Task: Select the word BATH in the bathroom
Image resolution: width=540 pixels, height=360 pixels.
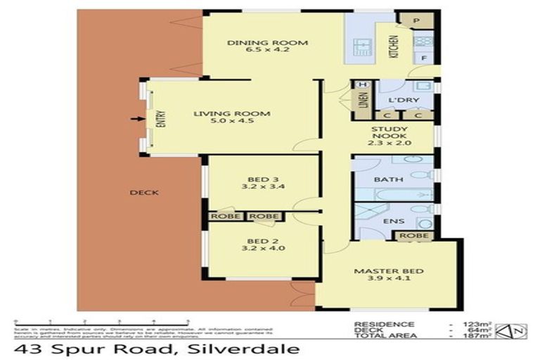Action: [x=387, y=179]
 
